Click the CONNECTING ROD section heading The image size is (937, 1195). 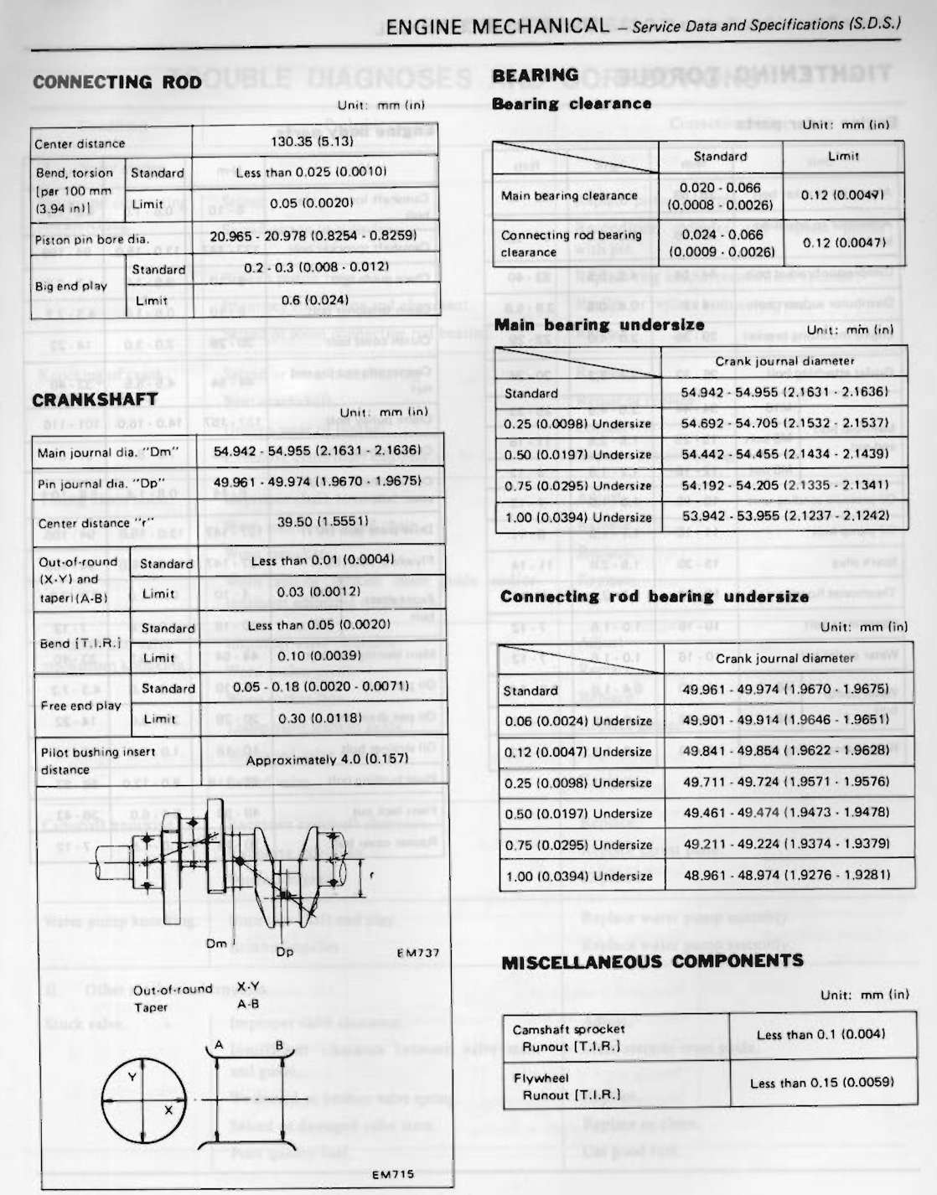click(x=117, y=82)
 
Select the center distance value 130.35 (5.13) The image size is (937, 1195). click(x=312, y=141)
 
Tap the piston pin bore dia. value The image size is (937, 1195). click(x=313, y=236)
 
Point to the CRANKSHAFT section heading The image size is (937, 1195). click(x=95, y=400)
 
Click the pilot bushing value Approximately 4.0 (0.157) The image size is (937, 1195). click(x=327, y=759)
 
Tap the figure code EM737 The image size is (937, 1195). click(x=417, y=952)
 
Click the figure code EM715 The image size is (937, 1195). click(x=393, y=1174)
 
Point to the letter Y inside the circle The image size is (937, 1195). click(x=132, y=1077)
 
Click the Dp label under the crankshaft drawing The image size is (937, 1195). click(x=285, y=951)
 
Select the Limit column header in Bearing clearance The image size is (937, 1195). click(x=843, y=156)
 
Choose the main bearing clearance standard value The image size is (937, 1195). click(x=720, y=196)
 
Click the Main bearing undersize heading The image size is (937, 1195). click(x=599, y=325)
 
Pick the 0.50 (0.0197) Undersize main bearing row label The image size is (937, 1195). click(x=577, y=454)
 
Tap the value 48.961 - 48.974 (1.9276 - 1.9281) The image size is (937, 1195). click(x=786, y=875)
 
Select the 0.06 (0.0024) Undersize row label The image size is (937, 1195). click(x=578, y=721)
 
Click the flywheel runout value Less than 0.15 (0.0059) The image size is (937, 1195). click(x=821, y=1083)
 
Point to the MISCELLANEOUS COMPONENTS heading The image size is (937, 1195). click(x=652, y=961)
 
